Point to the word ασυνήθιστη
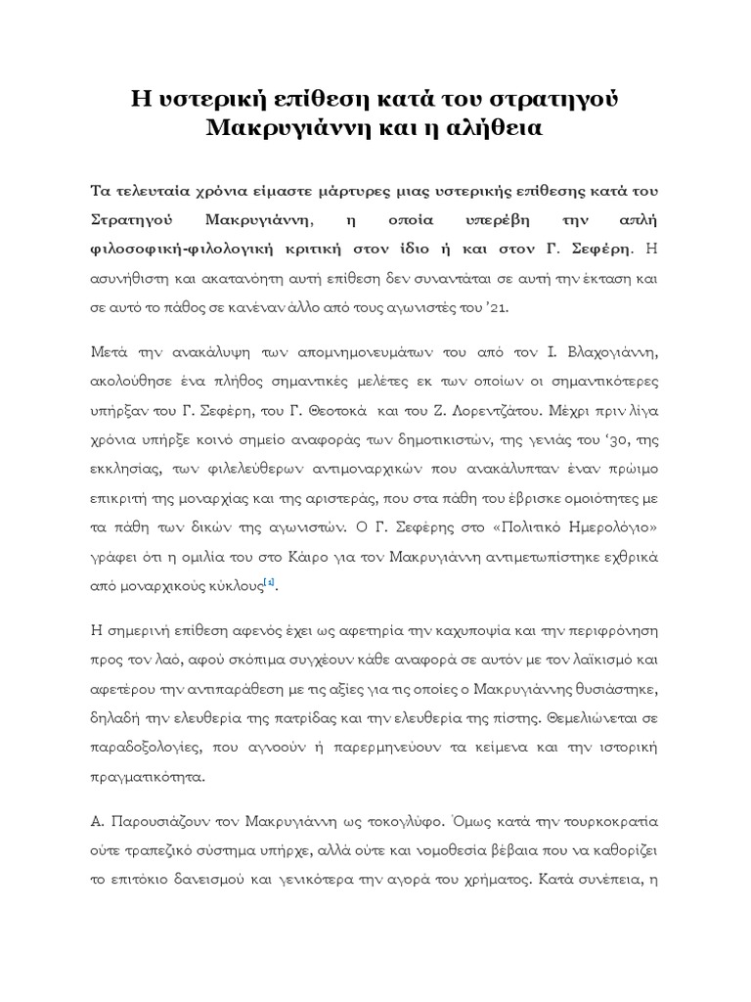click(x=131, y=279)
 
